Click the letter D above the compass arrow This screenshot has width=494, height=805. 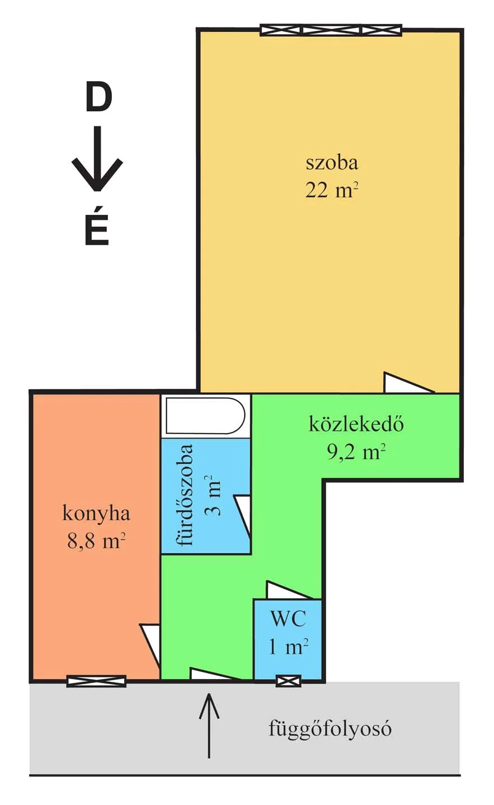pos(98,97)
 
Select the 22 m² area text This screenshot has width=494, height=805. pos(331,191)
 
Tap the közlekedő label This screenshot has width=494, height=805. pos(356,425)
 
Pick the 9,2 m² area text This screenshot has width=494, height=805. pos(356,452)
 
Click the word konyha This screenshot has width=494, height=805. pos(96,513)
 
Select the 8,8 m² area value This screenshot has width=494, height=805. pos(96,541)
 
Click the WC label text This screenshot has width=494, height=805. pos(288,619)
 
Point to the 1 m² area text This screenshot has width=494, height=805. pos(288,647)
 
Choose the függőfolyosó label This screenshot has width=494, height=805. pos(330,729)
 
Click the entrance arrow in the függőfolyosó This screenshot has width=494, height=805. pos(209,726)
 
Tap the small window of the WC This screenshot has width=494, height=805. pos(288,681)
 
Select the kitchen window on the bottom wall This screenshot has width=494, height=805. pos(96,681)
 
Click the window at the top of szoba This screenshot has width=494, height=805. pos(331,30)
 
